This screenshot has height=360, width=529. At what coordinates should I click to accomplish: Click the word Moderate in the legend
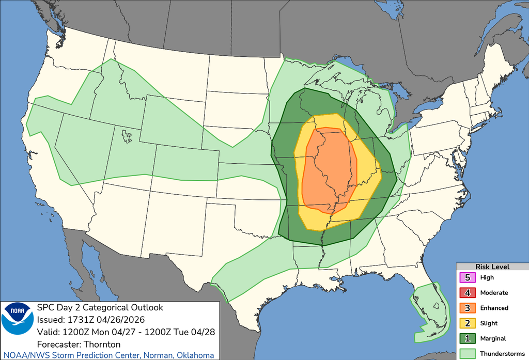494,293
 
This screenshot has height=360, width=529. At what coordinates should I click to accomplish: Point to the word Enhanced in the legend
494,308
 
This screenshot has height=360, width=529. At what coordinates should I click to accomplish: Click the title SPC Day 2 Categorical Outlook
100,307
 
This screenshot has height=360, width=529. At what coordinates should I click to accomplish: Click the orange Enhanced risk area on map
328,170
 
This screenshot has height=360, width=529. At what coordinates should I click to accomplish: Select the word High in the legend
487,277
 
